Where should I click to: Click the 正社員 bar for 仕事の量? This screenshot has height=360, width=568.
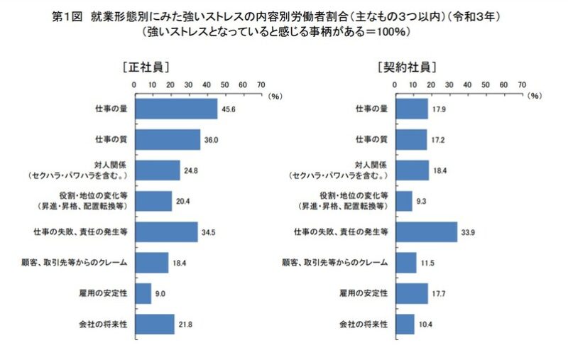pyautogui.click(x=175, y=109)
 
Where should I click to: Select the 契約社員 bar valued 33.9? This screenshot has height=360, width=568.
pyautogui.click(x=426, y=231)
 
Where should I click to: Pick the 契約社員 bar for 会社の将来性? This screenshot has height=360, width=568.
pyautogui.click(x=405, y=324)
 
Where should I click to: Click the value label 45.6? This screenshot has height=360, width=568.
pyautogui.click(x=229, y=109)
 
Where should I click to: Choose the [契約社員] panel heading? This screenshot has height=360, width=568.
pyautogui.click(x=407, y=67)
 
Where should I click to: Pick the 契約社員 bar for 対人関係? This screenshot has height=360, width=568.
pyautogui.click(x=412, y=170)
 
